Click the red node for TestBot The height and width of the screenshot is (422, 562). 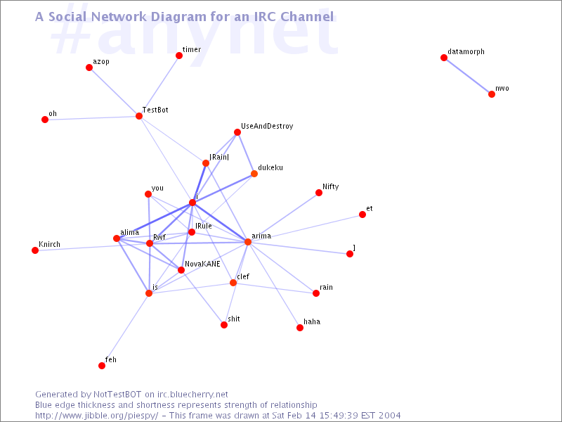[139, 116]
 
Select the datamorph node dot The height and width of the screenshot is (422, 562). [444, 58]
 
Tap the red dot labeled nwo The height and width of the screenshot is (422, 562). [492, 94]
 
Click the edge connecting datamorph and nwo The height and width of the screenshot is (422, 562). [468, 76]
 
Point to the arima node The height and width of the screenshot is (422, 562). [248, 242]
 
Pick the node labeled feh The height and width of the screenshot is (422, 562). [102, 366]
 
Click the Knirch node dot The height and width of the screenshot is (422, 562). [35, 250]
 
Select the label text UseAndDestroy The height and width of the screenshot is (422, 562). [267, 127]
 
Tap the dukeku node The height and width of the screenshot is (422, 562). [254, 174]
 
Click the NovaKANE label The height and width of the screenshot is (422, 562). [202, 264]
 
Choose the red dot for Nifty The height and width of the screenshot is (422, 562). [319, 193]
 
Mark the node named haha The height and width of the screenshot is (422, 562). [300, 328]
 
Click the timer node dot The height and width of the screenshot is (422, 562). [179, 56]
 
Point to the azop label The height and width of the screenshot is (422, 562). [101, 62]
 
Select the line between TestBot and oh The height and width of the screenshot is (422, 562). [92, 117]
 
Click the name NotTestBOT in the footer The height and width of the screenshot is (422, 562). [117, 395]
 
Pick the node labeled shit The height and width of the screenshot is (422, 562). [224, 325]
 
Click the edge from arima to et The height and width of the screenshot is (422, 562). [305, 228]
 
